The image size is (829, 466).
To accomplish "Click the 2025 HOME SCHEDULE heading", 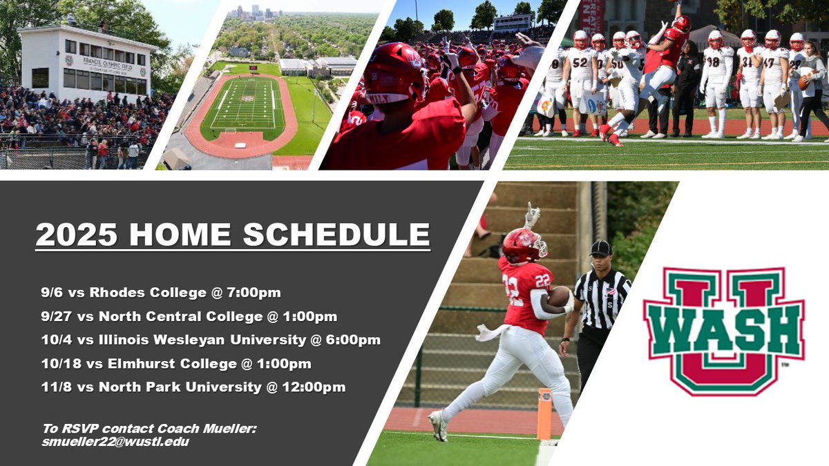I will coord(232,234).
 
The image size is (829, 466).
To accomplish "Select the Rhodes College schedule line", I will coord(160,293).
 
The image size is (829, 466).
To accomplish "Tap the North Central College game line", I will coord(189,317).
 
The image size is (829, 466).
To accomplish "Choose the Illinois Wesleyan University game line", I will coord(210,340).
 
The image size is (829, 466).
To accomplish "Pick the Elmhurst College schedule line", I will coord(175,363).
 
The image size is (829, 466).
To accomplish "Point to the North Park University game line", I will coord(193,387).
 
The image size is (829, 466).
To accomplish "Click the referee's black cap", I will coord(600,248).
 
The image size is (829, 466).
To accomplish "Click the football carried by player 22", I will coord(560,296).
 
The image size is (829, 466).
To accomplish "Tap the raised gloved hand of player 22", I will coord(532,215).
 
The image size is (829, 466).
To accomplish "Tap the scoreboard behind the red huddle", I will coord(512,21).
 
